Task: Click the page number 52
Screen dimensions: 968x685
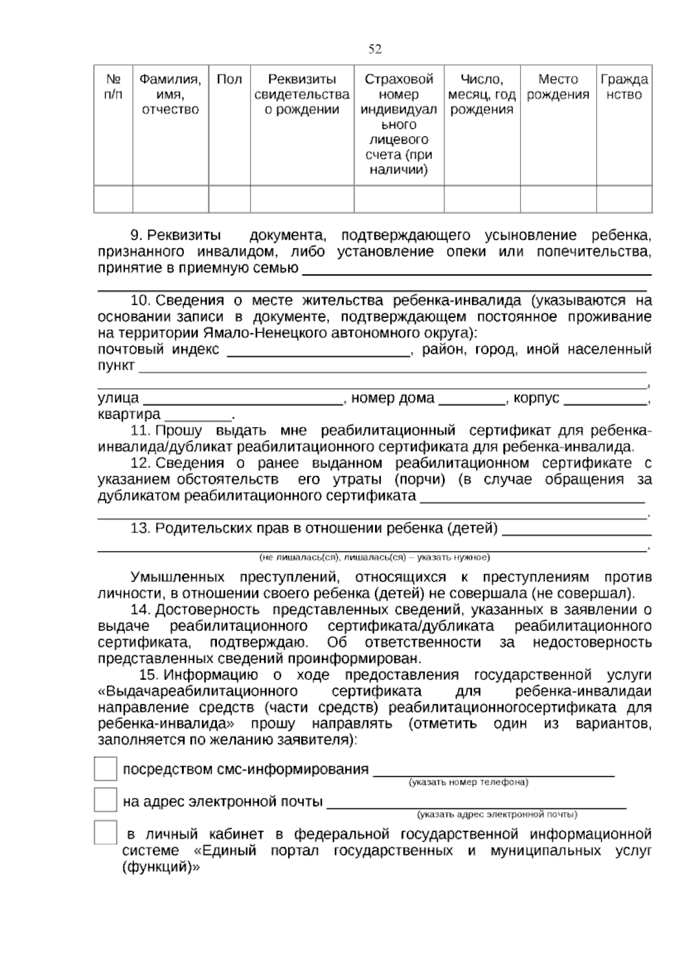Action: tap(375, 50)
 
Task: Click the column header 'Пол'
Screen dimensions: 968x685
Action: tap(229, 79)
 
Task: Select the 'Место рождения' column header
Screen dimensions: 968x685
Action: tap(558, 87)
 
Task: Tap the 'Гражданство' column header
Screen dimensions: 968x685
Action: tap(624, 87)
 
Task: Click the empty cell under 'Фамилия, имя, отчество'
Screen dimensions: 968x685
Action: tap(170, 199)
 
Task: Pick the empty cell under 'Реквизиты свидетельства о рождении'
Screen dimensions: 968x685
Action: tap(301, 199)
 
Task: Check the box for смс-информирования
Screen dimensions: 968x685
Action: tap(106, 769)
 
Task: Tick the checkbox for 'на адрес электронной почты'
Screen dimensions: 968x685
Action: tap(106, 800)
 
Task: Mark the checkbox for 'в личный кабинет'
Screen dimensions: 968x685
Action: tap(106, 833)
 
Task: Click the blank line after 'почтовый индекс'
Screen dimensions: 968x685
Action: tap(319, 352)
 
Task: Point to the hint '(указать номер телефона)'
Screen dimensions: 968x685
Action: tap(468, 783)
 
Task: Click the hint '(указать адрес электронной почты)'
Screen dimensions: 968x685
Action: tap(497, 814)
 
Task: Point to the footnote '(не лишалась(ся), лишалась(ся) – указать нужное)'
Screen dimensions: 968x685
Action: tap(374, 557)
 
